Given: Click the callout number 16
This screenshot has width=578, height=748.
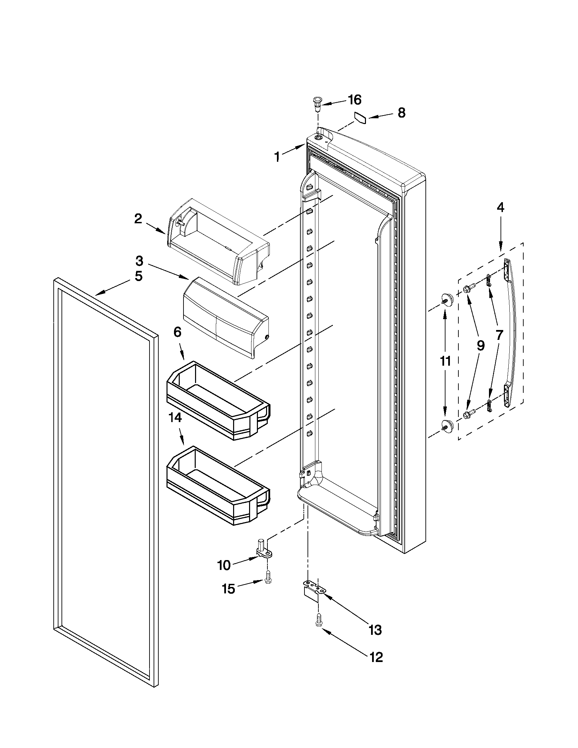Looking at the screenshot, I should [354, 100].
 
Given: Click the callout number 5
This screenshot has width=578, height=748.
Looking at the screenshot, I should [138, 276].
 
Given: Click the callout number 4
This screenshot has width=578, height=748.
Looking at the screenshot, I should [500, 208].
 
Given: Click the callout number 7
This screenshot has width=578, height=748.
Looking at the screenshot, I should [499, 335].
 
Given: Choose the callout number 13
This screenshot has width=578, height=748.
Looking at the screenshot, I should [375, 629].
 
